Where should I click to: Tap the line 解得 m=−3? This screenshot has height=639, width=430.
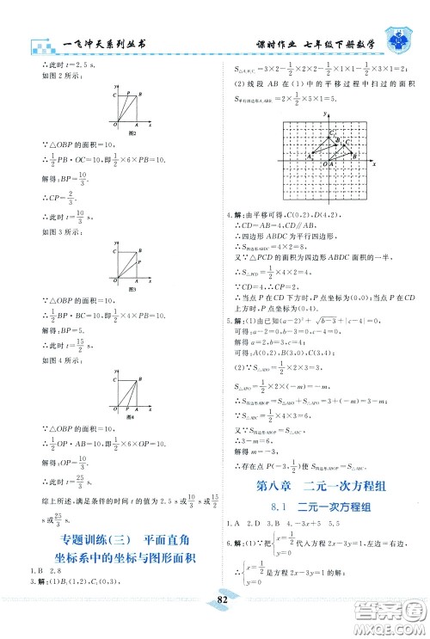click(259, 453)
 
